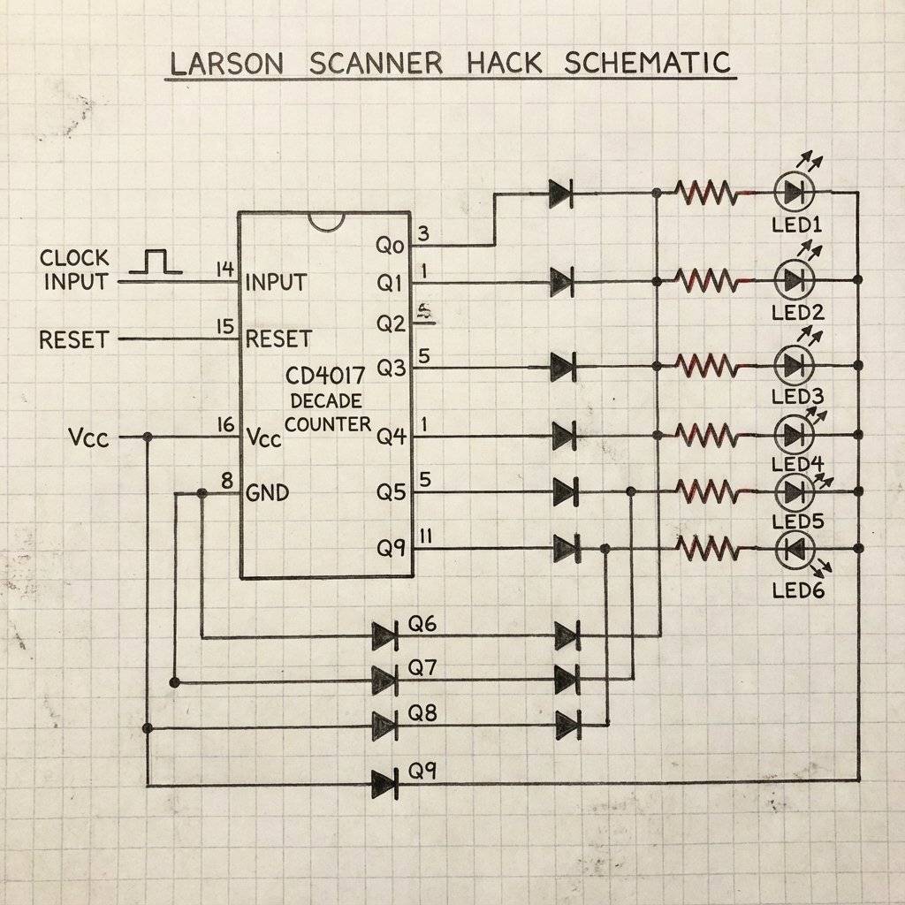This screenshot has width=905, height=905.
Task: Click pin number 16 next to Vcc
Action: (x=224, y=425)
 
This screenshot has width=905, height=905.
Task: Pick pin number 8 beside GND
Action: (x=226, y=482)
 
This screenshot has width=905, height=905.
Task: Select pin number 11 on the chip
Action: (x=425, y=536)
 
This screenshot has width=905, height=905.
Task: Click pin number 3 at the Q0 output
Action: (x=423, y=234)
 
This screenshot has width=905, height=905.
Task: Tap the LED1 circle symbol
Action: (x=793, y=192)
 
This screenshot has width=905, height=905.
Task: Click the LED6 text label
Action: (x=797, y=589)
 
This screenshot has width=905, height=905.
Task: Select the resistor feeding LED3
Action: (x=705, y=365)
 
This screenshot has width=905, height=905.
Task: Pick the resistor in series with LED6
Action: (x=705, y=549)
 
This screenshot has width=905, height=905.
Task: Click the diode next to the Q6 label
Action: (x=384, y=635)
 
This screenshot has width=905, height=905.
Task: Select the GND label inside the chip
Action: (x=267, y=493)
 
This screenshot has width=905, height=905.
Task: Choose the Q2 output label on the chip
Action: (x=390, y=323)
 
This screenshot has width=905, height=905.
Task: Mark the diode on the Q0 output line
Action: (x=560, y=193)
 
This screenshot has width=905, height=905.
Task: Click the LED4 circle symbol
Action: (x=793, y=434)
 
